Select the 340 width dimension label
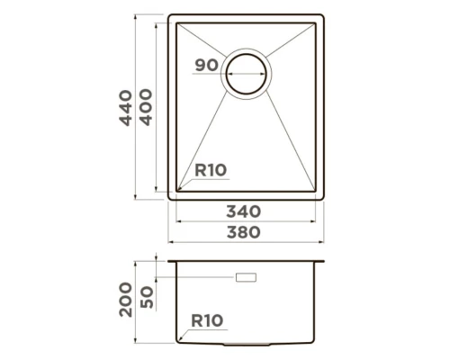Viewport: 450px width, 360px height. (x=244, y=212)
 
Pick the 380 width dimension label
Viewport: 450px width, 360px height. (x=244, y=232)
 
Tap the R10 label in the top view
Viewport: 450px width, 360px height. (x=210, y=168)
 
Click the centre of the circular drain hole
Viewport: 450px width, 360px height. (x=246, y=71)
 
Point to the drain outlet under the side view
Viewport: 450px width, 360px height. (x=247, y=345)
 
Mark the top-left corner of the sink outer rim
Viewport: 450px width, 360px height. (x=171, y=17)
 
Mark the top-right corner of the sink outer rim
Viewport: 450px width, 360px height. (x=322, y=17)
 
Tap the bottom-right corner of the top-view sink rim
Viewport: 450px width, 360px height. (x=322, y=197)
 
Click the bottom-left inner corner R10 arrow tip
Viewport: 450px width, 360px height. (x=179, y=190)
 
